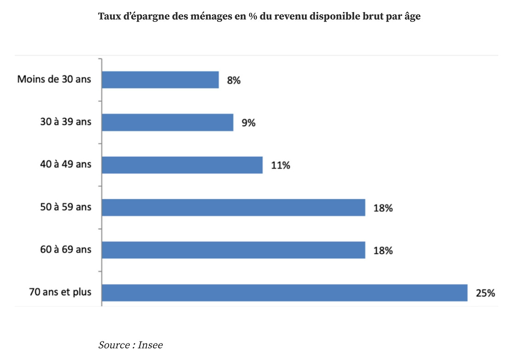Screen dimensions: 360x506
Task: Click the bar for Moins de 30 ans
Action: pos(160,80)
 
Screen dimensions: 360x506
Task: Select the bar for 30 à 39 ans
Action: pos(167,122)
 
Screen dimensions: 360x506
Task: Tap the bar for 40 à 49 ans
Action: pos(182,165)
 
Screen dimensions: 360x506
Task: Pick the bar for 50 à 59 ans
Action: pos(233,207)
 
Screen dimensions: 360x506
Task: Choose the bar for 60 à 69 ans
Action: pos(233,250)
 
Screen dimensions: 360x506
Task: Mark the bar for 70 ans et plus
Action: pos(284,293)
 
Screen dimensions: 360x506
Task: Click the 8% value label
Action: pos(234,80)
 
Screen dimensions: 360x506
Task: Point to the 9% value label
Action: pos(248,123)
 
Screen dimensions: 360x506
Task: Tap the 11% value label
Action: pos(281,165)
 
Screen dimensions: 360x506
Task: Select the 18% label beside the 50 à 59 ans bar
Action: pos(383,208)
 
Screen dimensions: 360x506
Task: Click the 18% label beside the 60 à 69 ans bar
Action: pos(383,250)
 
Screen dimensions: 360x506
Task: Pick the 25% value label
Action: pos(485,293)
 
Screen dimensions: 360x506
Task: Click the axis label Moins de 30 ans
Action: pos(54,79)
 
